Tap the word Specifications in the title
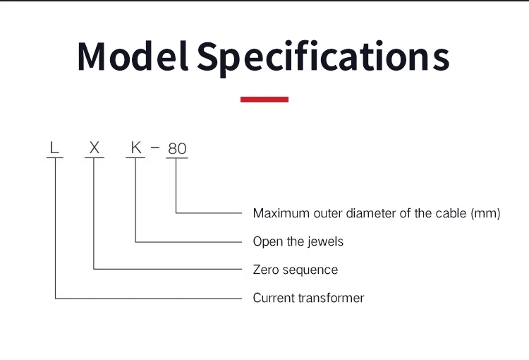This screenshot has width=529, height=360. pyautogui.click(x=323, y=56)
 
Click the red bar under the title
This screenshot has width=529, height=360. pyautogui.click(x=264, y=100)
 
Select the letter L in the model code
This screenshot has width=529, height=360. pyautogui.click(x=54, y=148)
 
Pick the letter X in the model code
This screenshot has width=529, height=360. pyautogui.click(x=95, y=148)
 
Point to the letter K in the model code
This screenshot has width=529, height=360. pyautogui.click(x=136, y=148)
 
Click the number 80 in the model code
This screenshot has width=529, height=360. pyautogui.click(x=177, y=149)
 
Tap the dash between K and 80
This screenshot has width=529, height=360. pyautogui.click(x=155, y=148)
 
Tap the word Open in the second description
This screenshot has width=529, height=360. pyautogui.click(x=267, y=241)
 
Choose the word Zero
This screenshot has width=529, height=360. pyautogui.click(x=266, y=270)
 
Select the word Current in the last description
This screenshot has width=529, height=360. pyautogui.click(x=274, y=298)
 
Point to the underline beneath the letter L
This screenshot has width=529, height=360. pyautogui.click(x=55, y=158)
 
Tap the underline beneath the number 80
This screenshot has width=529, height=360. pyautogui.click(x=177, y=158)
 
